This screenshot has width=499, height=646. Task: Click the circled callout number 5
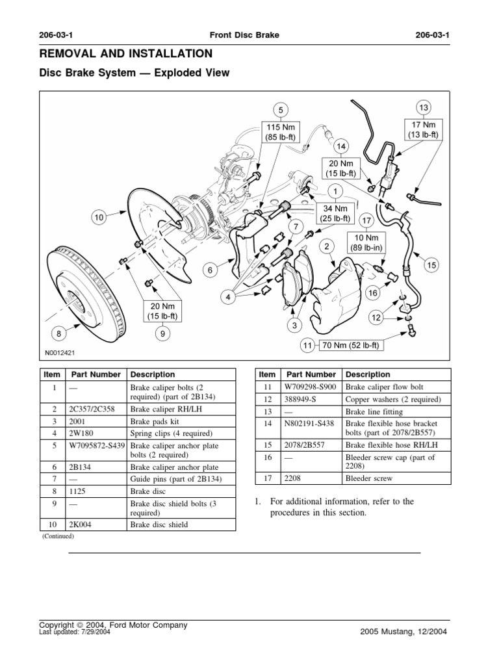pos(280,109)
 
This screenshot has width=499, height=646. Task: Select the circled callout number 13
pos(424,107)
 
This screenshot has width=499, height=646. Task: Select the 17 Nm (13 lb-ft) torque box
pos(424,129)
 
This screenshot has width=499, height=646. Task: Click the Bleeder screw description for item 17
pos(368,479)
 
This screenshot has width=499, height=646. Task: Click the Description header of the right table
pos(368,374)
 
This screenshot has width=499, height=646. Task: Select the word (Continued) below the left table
pos(58,536)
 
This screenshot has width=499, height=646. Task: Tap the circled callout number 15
pos(430,265)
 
